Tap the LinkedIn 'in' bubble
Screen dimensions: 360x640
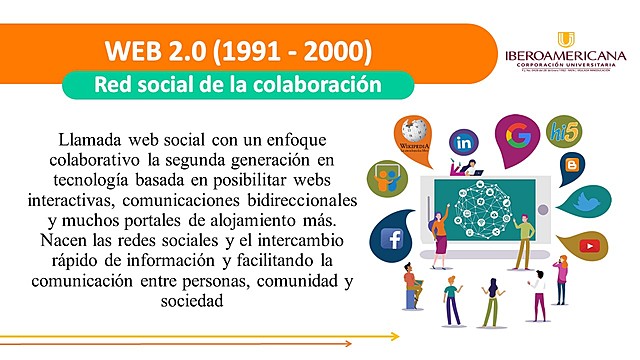pyautogui.click(x=465, y=143)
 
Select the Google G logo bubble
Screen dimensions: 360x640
pyautogui.click(x=517, y=134)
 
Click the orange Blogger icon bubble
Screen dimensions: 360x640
pyautogui.click(x=572, y=166)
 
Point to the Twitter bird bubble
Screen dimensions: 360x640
pyautogui.click(x=587, y=203)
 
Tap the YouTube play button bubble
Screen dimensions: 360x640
pyautogui.click(x=587, y=245)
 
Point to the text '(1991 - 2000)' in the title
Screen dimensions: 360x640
pyautogui.click(x=301, y=49)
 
